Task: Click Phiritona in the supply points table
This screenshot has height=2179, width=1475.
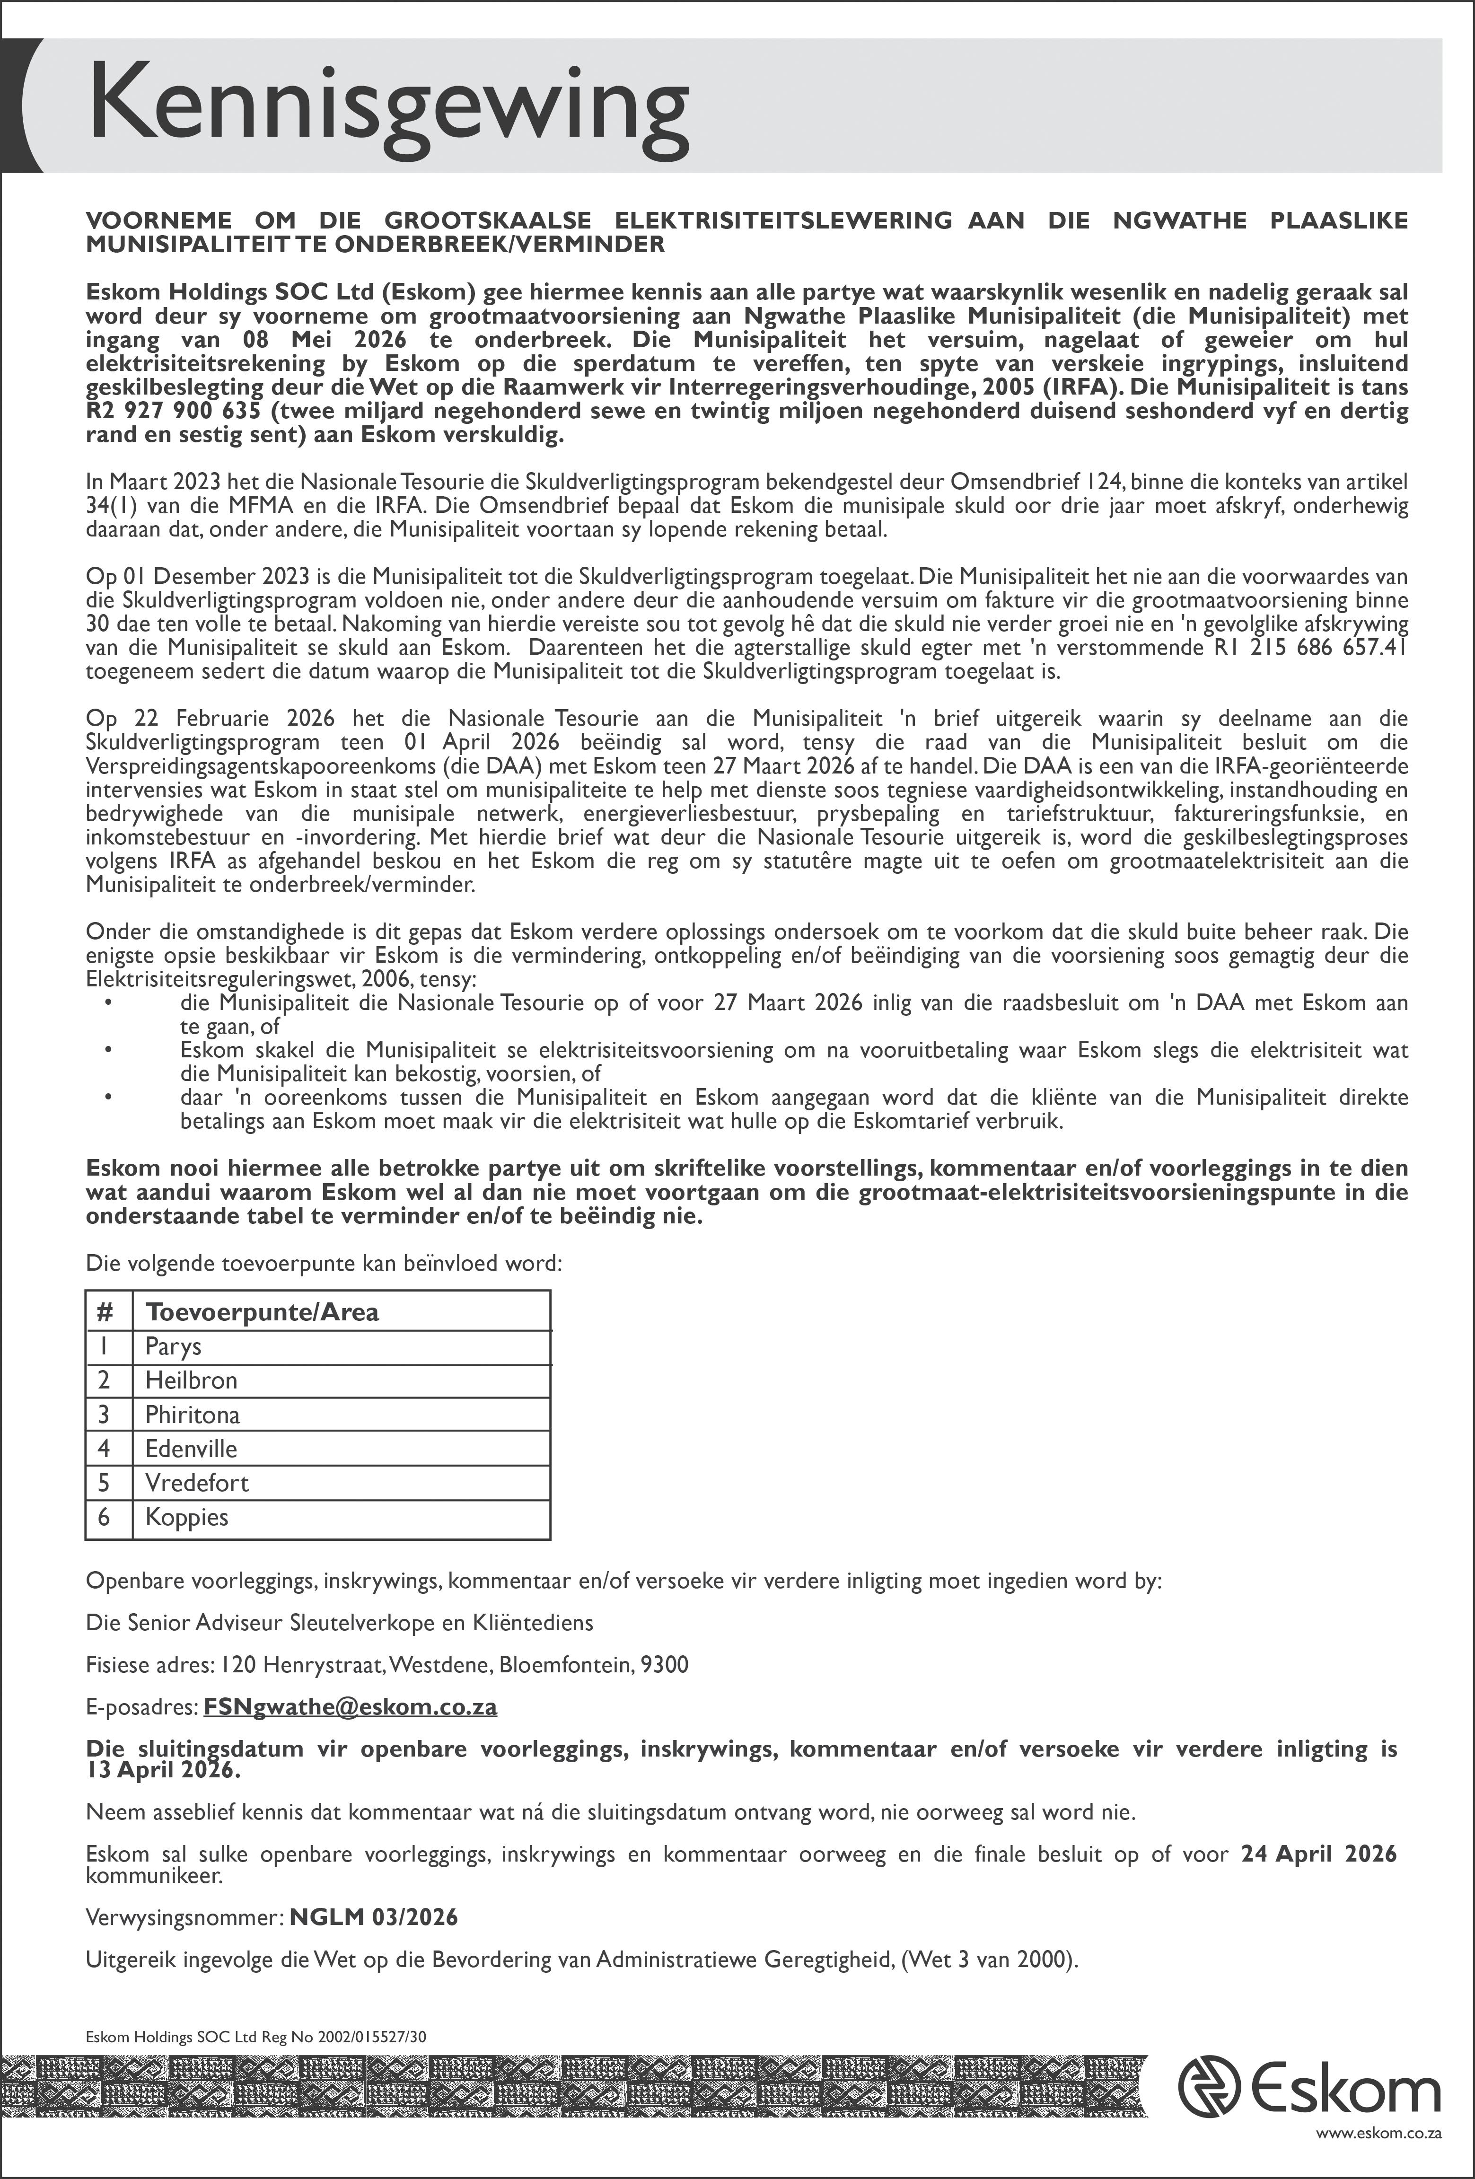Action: (192, 1415)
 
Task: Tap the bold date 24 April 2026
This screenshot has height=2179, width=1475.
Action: (1318, 1854)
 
